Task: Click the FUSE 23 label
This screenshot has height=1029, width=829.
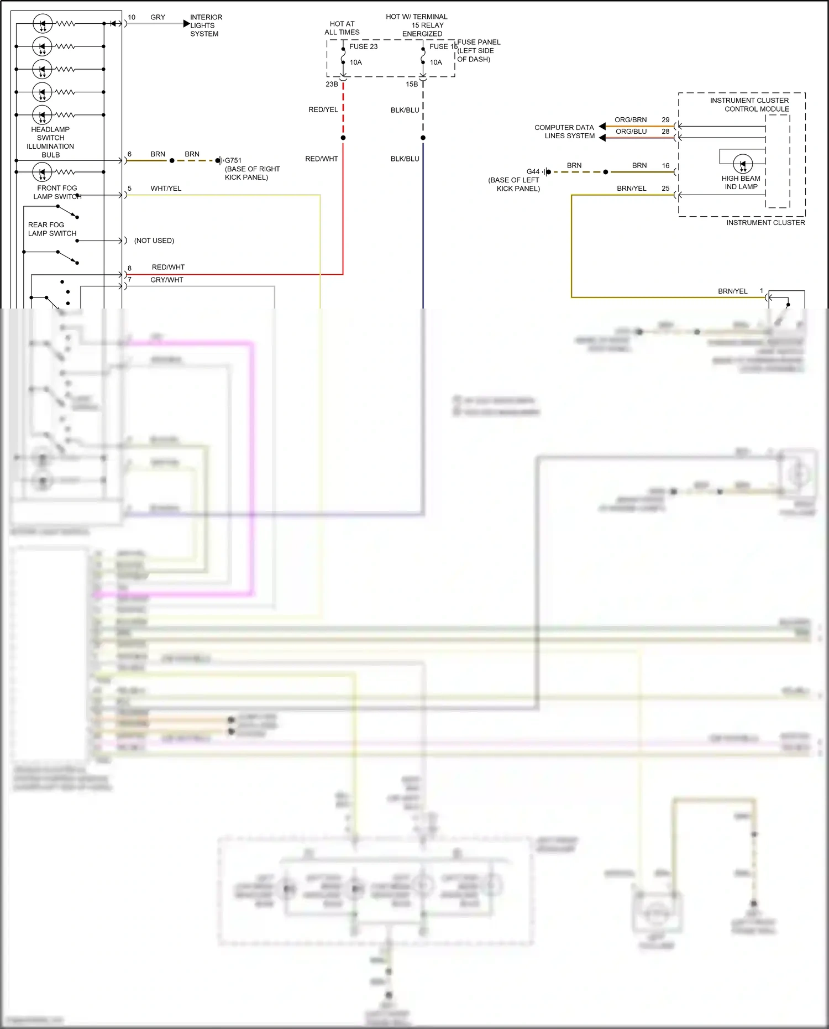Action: [x=363, y=46]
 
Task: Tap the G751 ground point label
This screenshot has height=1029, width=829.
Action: [x=233, y=161]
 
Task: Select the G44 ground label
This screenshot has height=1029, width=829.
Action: [x=533, y=171]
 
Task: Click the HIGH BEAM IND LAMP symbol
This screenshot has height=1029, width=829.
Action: [x=742, y=164]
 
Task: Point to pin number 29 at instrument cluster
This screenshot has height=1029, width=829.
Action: [x=665, y=120]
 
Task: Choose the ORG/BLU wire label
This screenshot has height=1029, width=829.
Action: [x=631, y=132]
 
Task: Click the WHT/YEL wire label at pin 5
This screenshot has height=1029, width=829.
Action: [x=166, y=189]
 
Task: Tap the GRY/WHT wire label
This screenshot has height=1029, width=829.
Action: [x=167, y=280]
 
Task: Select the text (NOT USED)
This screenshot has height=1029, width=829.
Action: [x=154, y=241]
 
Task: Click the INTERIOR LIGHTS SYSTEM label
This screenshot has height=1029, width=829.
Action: [x=206, y=25]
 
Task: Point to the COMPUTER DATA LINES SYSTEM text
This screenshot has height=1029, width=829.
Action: [x=564, y=132]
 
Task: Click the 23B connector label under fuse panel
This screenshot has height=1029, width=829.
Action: [x=332, y=84]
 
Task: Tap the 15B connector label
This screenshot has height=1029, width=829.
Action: [x=412, y=84]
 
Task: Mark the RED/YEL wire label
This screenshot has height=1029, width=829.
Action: [x=323, y=109]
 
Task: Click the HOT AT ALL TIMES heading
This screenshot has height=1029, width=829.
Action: [x=342, y=28]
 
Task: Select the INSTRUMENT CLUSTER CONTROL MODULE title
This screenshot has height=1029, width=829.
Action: [x=750, y=105]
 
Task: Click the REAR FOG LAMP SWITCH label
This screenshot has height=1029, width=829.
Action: [x=52, y=229]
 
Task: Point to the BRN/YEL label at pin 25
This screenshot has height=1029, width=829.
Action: [x=632, y=189]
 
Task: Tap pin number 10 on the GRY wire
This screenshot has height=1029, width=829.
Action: [x=132, y=17]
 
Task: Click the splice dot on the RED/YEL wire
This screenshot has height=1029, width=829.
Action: [x=343, y=138]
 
